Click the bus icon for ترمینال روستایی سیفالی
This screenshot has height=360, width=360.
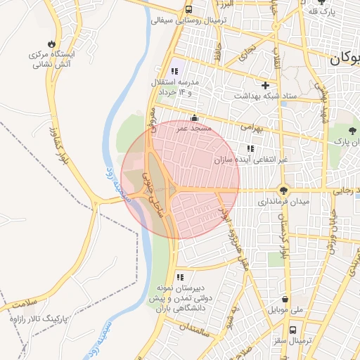tap(188, 10)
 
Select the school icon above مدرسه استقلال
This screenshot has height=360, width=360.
tap(174, 71)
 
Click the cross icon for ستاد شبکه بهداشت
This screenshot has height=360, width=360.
tap(265, 85)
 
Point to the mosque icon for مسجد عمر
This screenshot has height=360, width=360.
tap(194, 118)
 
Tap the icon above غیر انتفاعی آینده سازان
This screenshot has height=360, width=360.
tap(250, 148)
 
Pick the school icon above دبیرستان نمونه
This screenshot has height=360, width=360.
tap(180, 277)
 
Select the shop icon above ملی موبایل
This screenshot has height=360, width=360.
tap(285, 297)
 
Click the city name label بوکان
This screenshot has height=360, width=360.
tap(345, 59)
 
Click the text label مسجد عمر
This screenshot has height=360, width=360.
tap(191, 129)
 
